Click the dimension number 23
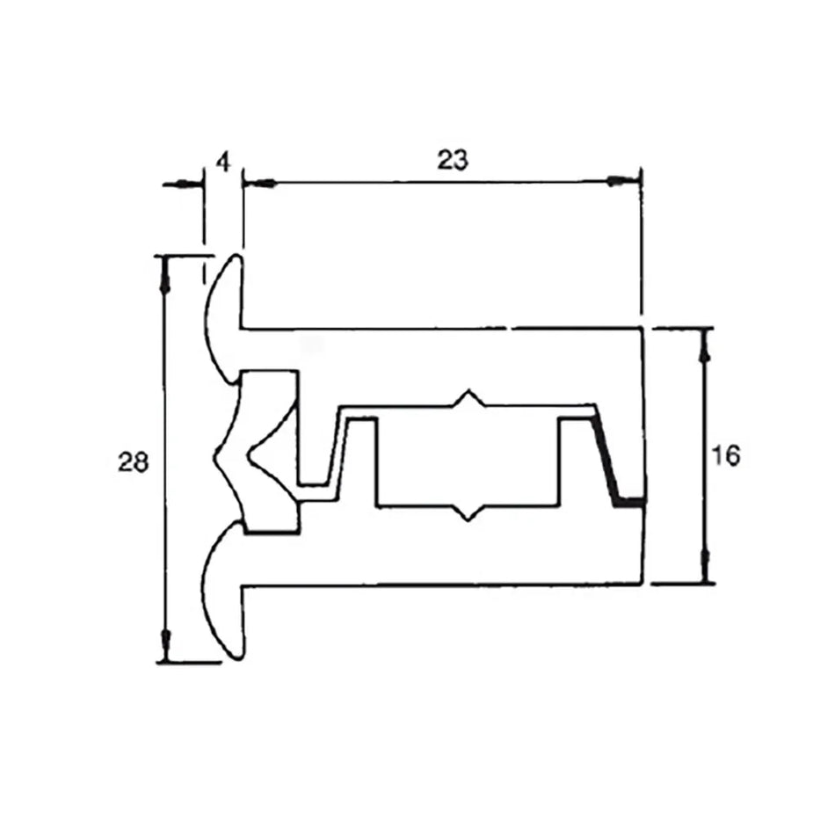coord(452,160)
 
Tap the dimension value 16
coord(726,456)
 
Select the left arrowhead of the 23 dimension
coord(261,183)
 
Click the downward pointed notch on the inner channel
coord(468,513)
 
